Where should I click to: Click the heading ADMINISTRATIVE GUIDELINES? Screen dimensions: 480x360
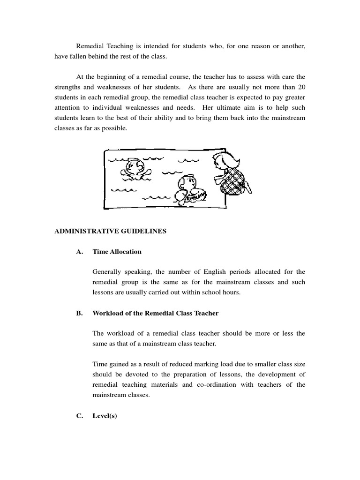[110, 231]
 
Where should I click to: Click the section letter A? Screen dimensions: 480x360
[79, 252]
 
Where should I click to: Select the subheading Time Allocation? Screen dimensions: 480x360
[117, 252]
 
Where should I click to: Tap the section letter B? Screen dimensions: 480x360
[79, 313]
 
